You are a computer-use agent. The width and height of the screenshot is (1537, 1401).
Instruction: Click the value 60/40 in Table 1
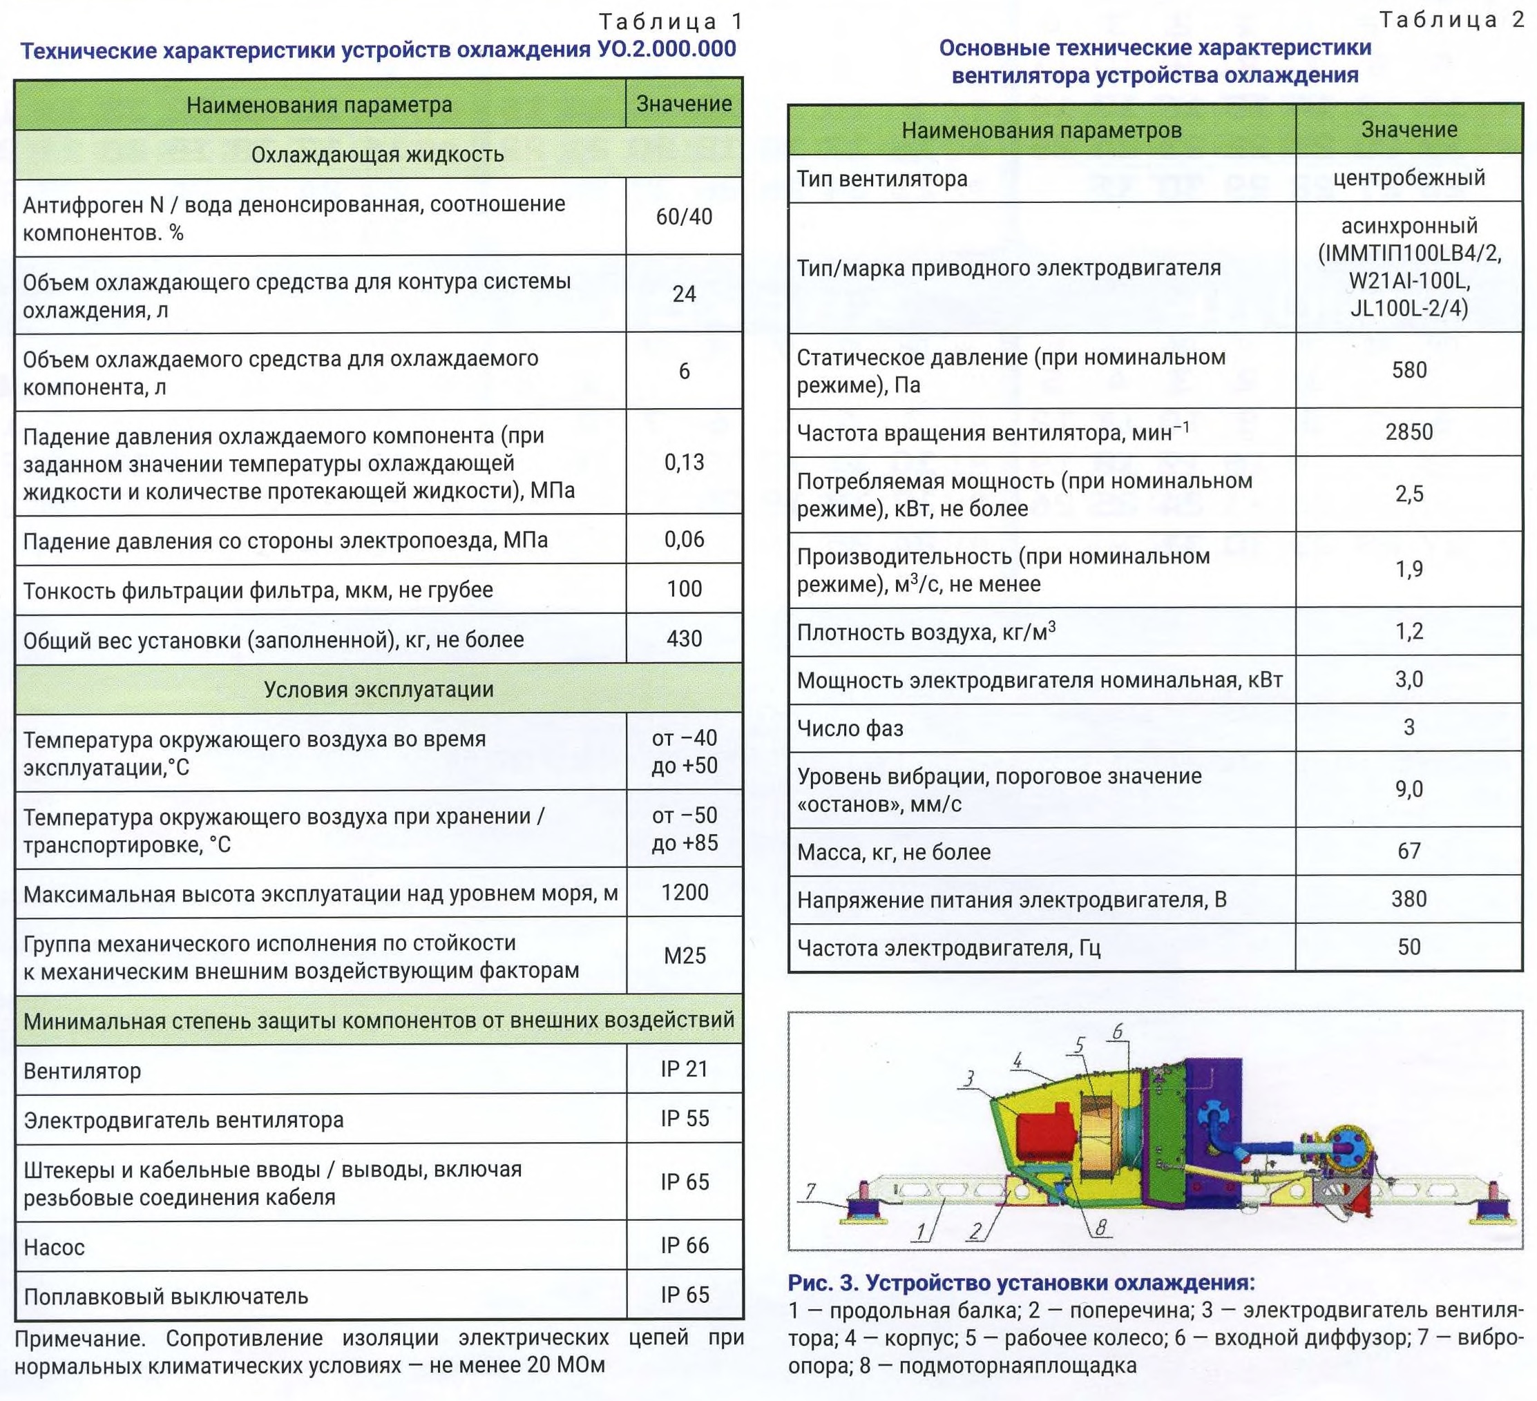(684, 218)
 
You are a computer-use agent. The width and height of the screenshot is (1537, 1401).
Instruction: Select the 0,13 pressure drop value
(684, 463)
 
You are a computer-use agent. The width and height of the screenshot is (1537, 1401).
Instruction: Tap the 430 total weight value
(684, 639)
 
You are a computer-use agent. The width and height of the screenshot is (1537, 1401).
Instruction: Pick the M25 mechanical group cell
(685, 956)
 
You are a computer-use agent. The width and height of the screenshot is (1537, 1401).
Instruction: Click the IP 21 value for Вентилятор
(685, 1070)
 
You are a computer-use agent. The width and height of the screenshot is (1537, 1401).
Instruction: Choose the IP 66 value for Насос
(685, 1246)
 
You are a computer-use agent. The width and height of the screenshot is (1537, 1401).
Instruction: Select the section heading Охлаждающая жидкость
(377, 155)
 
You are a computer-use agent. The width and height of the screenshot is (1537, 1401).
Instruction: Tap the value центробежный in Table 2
(1409, 178)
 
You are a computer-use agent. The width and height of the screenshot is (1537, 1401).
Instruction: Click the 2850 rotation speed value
(1409, 432)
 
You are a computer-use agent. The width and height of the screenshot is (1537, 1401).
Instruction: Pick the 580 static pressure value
(1409, 371)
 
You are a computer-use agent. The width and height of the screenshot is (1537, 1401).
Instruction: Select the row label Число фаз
(850, 728)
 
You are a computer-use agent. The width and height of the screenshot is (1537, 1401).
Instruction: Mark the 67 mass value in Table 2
(1409, 851)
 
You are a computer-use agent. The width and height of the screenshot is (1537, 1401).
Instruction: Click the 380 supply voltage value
(1409, 900)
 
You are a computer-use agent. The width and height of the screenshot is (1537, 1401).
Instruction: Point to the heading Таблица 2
(1451, 21)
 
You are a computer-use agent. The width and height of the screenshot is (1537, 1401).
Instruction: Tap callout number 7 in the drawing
(810, 1190)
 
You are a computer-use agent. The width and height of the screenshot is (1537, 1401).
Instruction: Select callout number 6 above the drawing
(1117, 1032)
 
